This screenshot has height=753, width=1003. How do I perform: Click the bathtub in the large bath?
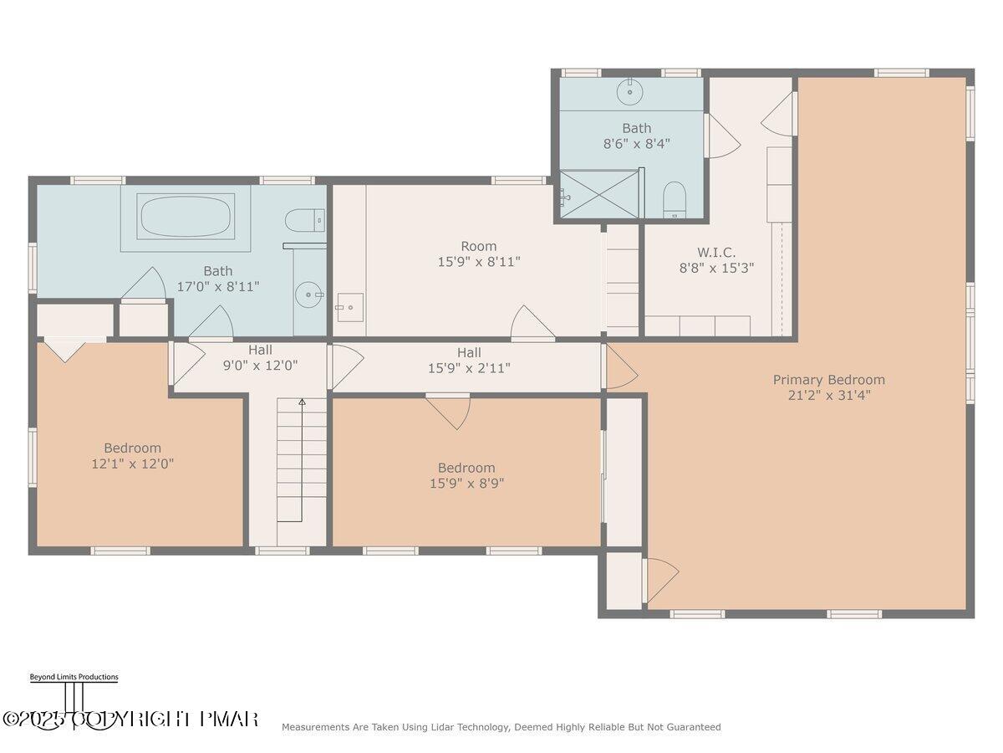[x=186, y=217]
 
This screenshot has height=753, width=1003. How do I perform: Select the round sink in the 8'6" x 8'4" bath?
[x=630, y=92]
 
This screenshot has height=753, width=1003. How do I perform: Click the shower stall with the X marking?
[x=599, y=194]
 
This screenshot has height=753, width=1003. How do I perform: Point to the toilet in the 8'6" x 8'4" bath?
[x=674, y=201]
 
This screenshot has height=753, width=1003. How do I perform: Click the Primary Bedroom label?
[x=828, y=380]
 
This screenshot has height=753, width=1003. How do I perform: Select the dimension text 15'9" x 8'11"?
[x=478, y=262]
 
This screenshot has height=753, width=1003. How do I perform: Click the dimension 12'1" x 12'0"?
[x=132, y=463]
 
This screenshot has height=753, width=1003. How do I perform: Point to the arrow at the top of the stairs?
[x=303, y=403]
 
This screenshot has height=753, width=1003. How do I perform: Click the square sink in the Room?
[x=350, y=307]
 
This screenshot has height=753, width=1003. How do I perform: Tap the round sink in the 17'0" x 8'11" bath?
[x=310, y=295]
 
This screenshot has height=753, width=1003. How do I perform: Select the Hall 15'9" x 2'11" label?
[x=468, y=353]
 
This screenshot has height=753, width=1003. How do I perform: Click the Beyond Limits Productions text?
[x=74, y=677]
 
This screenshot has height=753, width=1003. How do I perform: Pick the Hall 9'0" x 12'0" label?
[x=260, y=350]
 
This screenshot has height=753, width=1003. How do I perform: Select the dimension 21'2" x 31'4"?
[x=828, y=396]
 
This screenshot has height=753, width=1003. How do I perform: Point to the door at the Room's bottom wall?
[x=532, y=325]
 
